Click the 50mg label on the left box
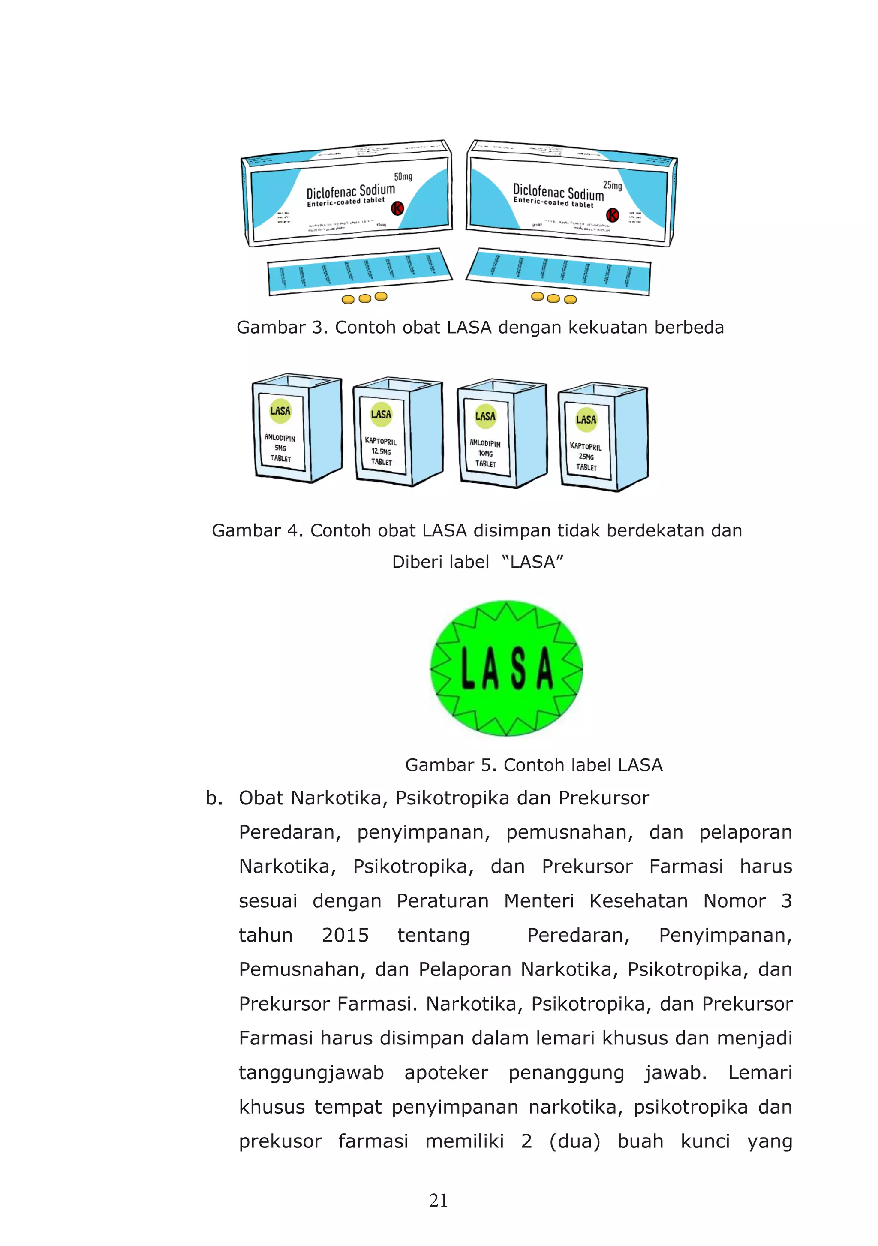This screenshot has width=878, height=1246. [x=403, y=176]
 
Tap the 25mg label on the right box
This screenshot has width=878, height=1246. [x=612, y=185]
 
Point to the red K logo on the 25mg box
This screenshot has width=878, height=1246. [x=612, y=214]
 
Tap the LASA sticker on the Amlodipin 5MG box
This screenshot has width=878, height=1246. [x=280, y=411]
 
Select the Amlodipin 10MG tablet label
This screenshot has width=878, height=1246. [x=485, y=453]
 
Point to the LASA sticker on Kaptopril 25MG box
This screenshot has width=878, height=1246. [x=586, y=419]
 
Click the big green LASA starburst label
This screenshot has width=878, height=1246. [x=506, y=668]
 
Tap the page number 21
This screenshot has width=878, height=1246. [x=439, y=1200]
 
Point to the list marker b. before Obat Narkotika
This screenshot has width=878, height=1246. [x=214, y=798]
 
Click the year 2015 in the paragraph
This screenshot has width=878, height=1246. [x=345, y=935]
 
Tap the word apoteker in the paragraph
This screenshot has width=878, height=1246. [x=446, y=1072]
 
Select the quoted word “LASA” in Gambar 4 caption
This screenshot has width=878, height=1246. [x=532, y=562]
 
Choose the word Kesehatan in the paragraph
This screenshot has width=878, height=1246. [x=638, y=901]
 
